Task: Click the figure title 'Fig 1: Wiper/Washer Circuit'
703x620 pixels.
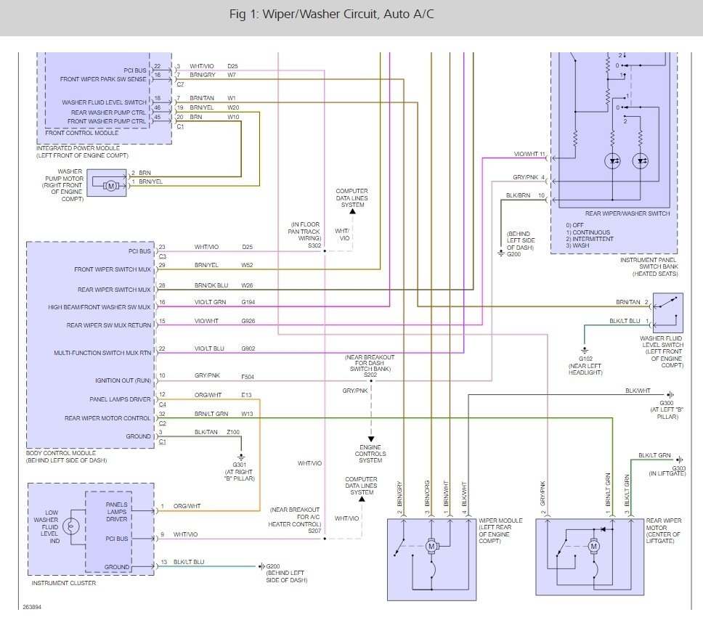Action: [303, 15]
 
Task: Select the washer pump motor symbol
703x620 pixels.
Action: [111, 186]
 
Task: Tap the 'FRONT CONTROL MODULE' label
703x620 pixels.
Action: [81, 133]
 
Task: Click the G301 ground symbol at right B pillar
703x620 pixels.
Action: [241, 457]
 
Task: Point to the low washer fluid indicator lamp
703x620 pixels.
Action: [71, 526]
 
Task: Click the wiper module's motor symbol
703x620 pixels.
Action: [431, 546]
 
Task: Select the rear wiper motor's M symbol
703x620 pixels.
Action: [593, 546]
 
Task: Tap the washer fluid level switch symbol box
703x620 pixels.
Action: [667, 312]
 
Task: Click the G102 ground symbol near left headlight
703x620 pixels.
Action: [584, 351]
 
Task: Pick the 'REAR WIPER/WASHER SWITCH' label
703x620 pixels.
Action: [627, 213]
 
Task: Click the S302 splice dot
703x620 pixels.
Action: [325, 251]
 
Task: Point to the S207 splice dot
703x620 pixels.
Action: [325, 539]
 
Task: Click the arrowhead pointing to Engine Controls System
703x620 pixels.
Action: [371, 439]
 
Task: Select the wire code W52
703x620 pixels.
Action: [247, 265]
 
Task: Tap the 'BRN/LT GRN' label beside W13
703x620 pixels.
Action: [211, 414]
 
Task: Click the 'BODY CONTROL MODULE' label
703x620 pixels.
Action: [60, 453]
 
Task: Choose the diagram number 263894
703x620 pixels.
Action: [32, 607]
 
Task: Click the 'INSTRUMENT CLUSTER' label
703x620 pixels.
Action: [64, 583]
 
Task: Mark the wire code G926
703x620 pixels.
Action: [248, 321]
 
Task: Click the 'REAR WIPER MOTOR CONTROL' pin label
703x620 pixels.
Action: [107, 418]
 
